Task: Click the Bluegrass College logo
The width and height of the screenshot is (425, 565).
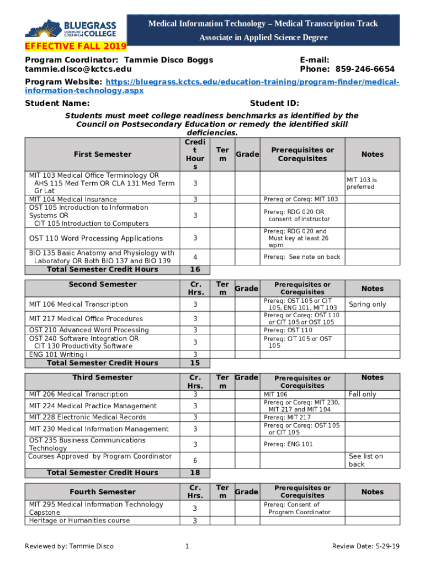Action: (72, 28)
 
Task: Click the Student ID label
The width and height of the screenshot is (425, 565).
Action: (274, 103)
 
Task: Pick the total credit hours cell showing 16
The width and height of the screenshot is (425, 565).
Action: (195, 269)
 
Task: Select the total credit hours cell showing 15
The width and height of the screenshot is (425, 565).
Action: (195, 363)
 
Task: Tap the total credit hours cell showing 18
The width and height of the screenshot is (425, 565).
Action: (195, 473)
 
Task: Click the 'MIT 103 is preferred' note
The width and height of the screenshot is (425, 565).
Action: (362, 183)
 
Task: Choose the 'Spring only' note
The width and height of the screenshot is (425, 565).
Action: (367, 305)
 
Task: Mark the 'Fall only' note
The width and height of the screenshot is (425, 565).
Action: (362, 395)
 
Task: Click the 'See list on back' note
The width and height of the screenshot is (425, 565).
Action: (366, 460)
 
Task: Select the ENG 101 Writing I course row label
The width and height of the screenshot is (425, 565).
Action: (58, 354)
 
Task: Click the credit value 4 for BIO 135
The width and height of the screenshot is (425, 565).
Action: (195, 257)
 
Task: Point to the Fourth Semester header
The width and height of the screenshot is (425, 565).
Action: (102, 492)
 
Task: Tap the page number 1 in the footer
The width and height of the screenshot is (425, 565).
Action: (188, 546)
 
